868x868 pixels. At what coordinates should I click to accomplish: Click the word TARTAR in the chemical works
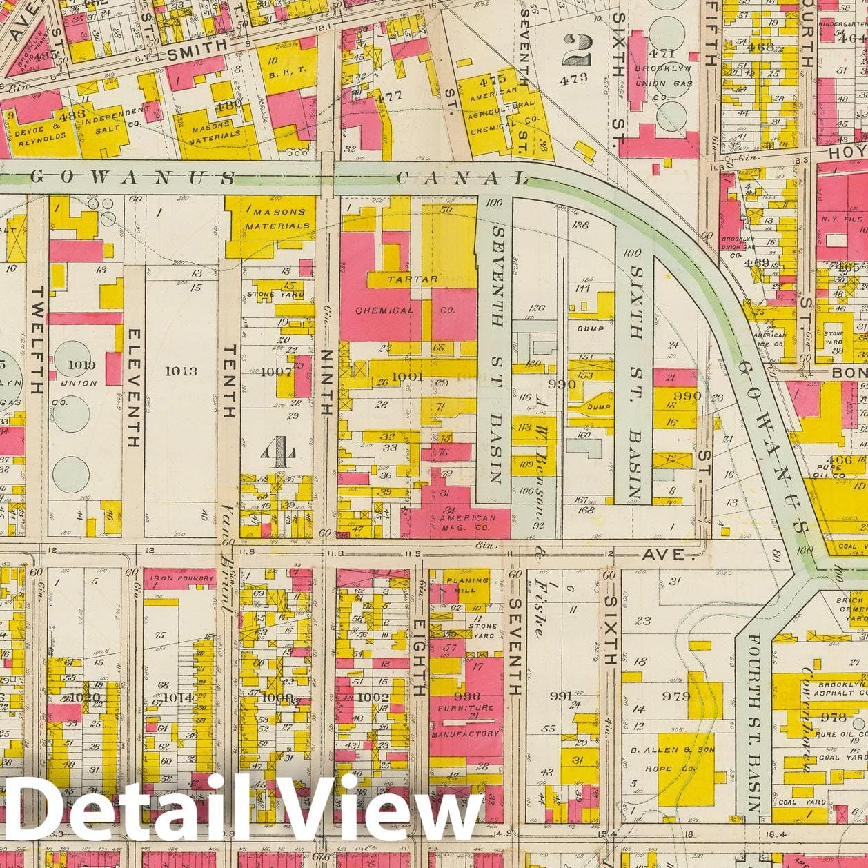click(x=412, y=279)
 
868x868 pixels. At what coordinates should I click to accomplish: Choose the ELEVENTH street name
click(x=134, y=387)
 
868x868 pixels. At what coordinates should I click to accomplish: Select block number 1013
click(x=181, y=371)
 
